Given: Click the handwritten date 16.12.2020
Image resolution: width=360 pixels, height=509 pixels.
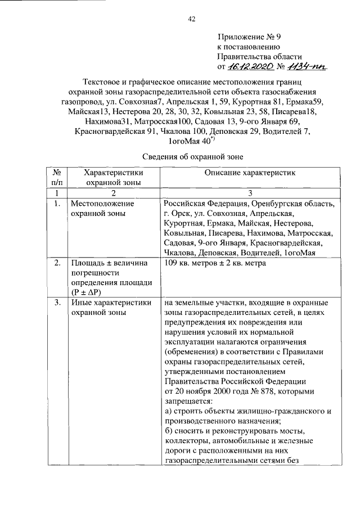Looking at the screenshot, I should point(247,66).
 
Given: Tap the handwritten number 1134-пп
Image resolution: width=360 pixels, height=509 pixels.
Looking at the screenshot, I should point(307,66).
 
